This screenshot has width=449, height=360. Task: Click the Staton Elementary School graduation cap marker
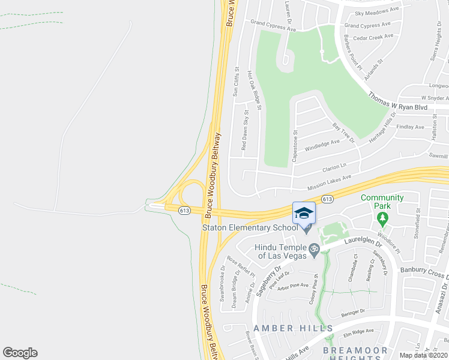[x=304, y=213]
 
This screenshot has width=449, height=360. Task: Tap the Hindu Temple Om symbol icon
[x=313, y=248]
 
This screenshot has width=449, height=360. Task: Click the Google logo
[x=20, y=353]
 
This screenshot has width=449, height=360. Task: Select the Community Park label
[x=382, y=202]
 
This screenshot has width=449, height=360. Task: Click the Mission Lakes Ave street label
[x=329, y=183]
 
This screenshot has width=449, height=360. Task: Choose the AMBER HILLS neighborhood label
[x=293, y=328]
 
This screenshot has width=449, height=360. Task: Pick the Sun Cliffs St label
[x=236, y=82]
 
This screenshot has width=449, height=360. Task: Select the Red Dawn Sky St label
[x=245, y=130]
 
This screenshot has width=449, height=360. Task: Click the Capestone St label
[x=295, y=146]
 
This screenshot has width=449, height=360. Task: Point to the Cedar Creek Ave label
[x=373, y=36]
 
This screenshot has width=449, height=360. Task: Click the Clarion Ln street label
[x=336, y=166]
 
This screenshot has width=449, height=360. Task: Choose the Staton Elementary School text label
[x=250, y=227]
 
